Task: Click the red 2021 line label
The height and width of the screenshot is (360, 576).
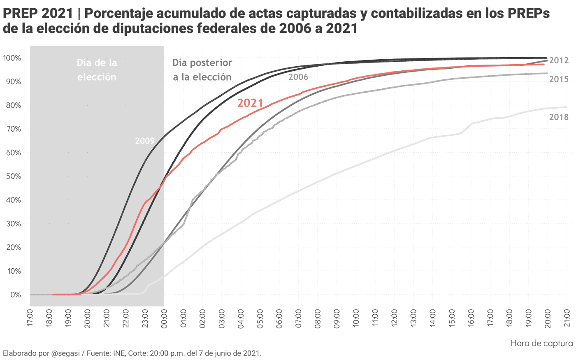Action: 250,103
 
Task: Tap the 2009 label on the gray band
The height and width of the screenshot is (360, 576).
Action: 145,141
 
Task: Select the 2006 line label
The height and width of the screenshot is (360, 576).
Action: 298,77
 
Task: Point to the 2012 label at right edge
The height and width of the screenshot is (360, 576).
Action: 559,60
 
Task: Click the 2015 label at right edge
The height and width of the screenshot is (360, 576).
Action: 559,79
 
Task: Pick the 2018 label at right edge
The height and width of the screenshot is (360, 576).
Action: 559,117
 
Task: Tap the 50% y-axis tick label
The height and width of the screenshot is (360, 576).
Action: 13,177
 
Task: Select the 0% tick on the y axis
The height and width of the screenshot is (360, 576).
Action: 15,295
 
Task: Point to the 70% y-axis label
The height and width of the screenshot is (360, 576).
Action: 13,129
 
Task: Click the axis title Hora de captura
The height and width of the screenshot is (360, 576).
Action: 541,343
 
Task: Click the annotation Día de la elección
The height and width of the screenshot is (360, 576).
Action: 97,70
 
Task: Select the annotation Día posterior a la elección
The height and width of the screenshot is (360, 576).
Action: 202,70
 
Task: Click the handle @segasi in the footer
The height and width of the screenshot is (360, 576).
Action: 65,353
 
